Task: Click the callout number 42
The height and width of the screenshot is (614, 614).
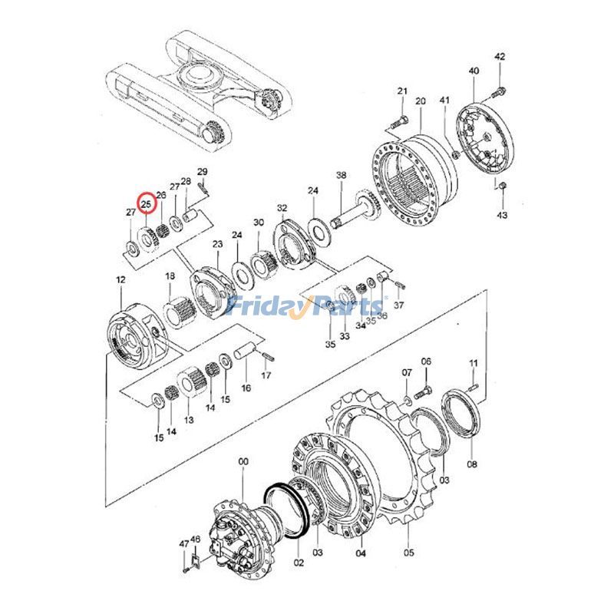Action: [x=500, y=57]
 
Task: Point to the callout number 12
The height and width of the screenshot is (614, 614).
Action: [x=120, y=281]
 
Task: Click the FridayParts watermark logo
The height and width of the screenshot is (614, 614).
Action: [x=307, y=307]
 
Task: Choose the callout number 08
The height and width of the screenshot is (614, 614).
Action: [x=472, y=464]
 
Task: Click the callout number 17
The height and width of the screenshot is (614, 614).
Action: [x=266, y=375]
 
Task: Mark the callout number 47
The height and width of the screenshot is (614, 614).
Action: [x=184, y=543]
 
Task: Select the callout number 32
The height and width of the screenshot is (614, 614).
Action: [x=282, y=208]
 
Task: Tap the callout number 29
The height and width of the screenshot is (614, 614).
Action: [x=203, y=171]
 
